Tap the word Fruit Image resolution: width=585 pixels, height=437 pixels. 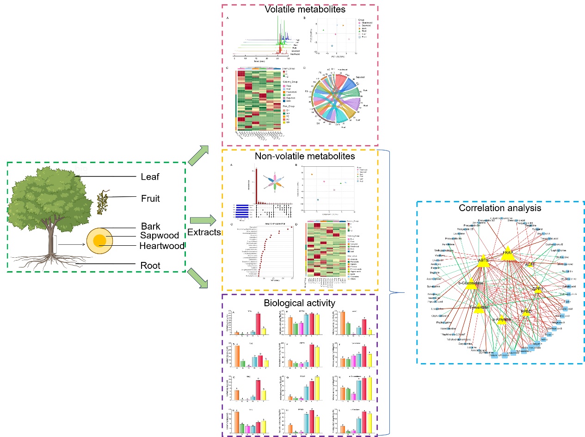pyautogui.click(x=150, y=199)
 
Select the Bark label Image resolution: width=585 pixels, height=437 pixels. pyautogui.click(x=151, y=226)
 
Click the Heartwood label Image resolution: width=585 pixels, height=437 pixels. pyautogui.click(x=162, y=246)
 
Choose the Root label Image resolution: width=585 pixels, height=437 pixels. pyautogui.click(x=150, y=265)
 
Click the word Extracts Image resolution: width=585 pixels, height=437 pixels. pyautogui.click(x=204, y=232)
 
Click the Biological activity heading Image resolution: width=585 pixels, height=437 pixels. pyautogui.click(x=300, y=303)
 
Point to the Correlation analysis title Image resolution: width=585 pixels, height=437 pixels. pyautogui.click(x=500, y=208)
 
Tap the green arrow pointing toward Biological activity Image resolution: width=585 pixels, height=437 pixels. pyautogui.click(x=198, y=279)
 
